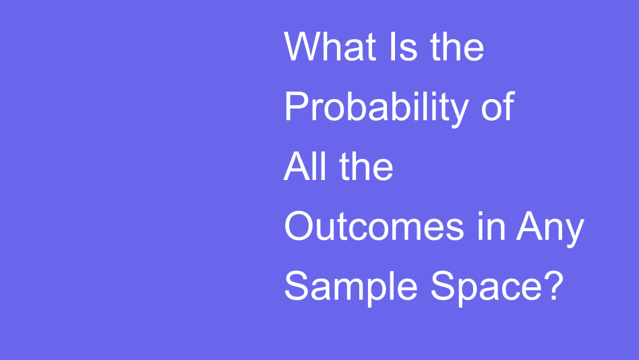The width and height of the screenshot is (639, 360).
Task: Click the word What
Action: [x=330, y=47]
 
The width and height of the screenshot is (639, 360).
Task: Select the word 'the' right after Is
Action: [x=457, y=47]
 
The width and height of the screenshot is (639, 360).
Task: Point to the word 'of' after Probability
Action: [x=498, y=106]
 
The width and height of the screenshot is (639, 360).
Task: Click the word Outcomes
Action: [x=374, y=226]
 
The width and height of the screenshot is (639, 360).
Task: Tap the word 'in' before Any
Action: [x=491, y=226]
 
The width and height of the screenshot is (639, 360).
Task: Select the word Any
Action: [x=550, y=229]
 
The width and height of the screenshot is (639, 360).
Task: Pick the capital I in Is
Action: [x=393, y=47]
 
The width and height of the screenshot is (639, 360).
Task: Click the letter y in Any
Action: [x=574, y=232]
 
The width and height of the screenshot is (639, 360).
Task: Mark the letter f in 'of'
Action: [x=509, y=106]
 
